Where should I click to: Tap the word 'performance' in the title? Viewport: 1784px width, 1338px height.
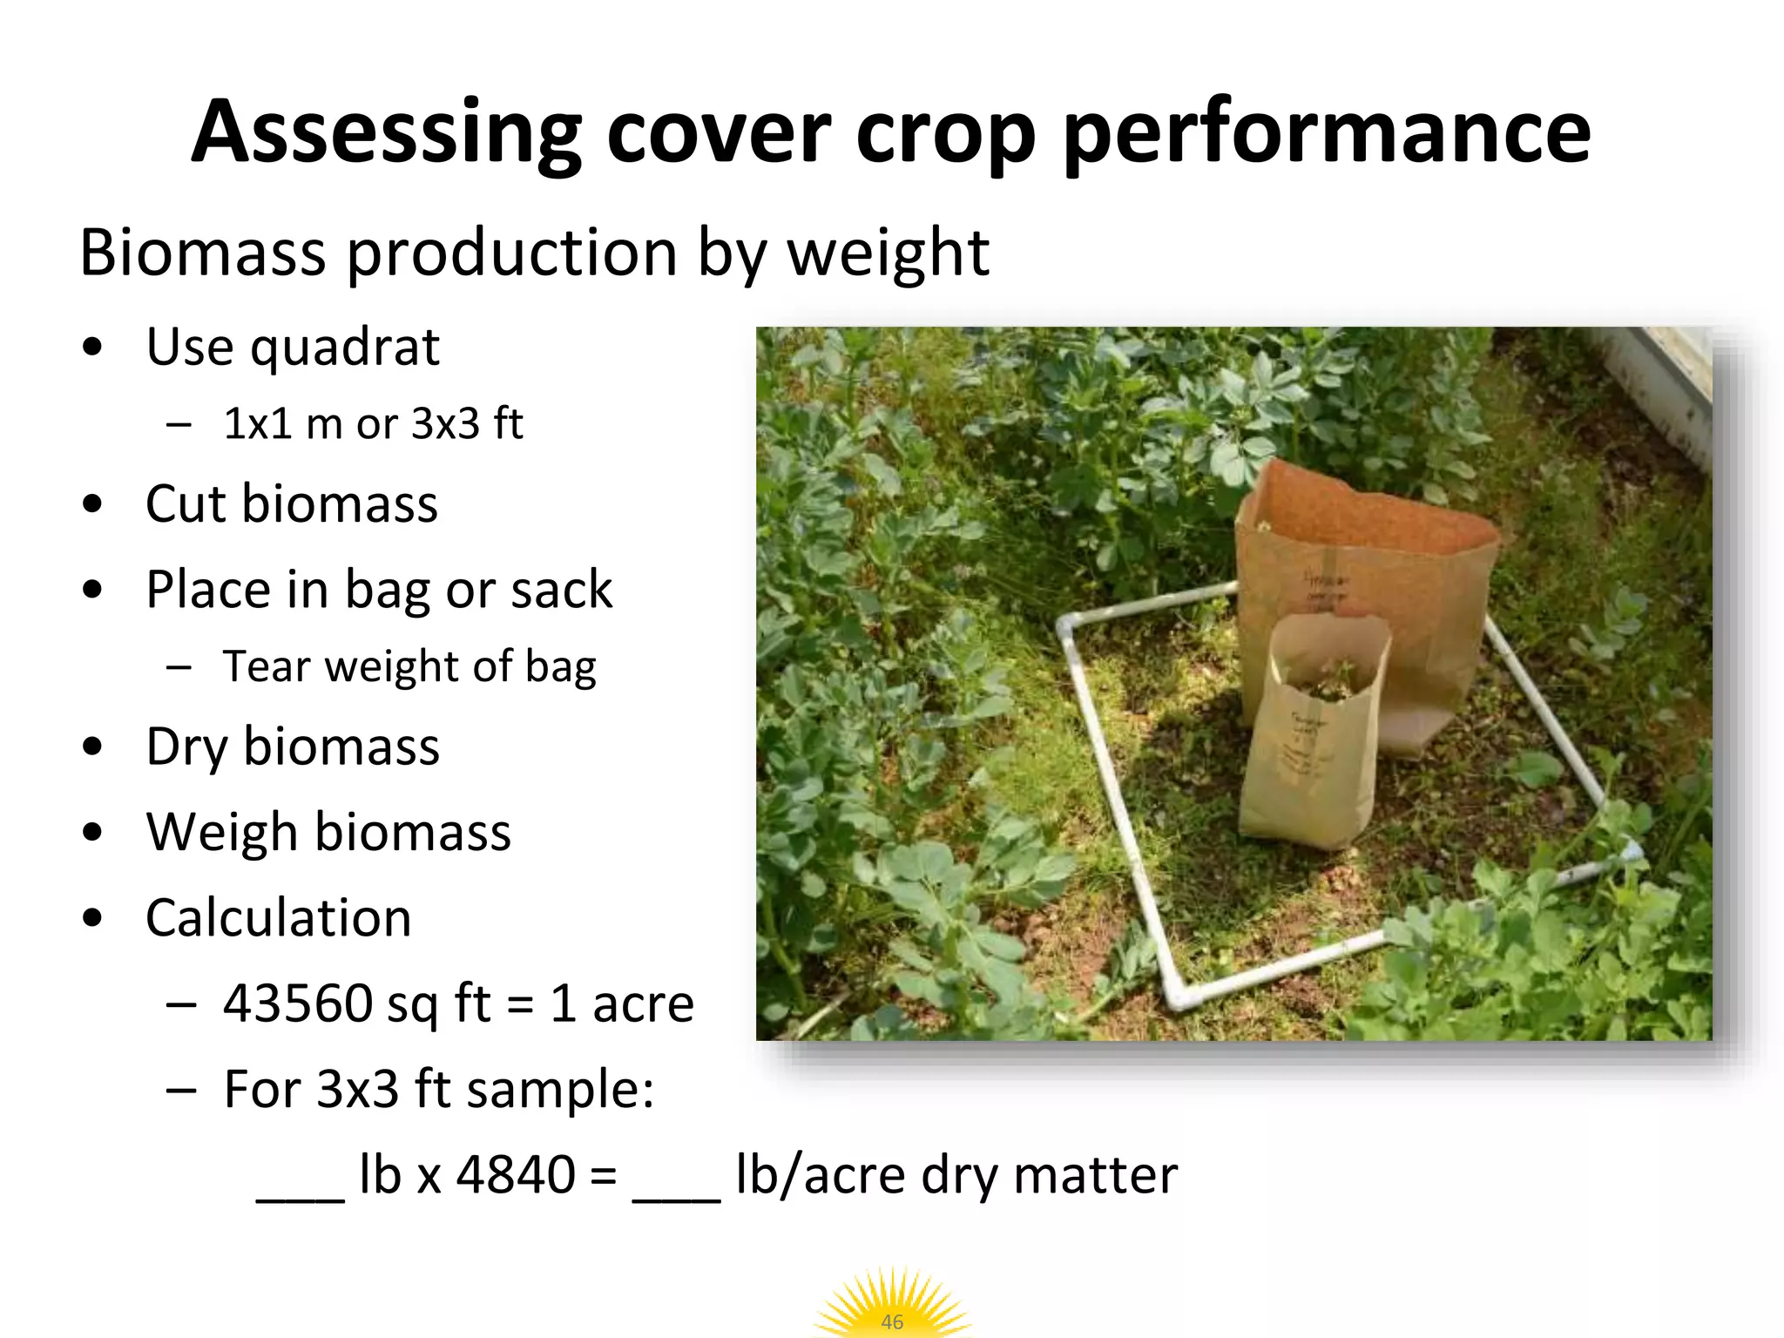click(1327, 132)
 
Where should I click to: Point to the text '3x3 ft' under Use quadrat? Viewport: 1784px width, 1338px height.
click(467, 424)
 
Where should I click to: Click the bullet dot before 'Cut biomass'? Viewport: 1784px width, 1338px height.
click(92, 504)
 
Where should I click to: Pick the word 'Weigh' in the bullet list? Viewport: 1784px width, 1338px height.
click(222, 832)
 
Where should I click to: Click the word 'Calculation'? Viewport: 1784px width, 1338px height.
click(278, 918)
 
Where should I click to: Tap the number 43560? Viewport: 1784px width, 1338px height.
click(298, 1003)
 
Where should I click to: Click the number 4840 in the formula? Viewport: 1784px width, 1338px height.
click(516, 1175)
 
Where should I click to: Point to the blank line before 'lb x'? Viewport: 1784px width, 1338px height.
click(301, 1198)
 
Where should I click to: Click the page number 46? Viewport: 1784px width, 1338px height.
click(892, 1321)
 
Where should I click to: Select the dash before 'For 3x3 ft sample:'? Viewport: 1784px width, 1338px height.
click(179, 1091)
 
